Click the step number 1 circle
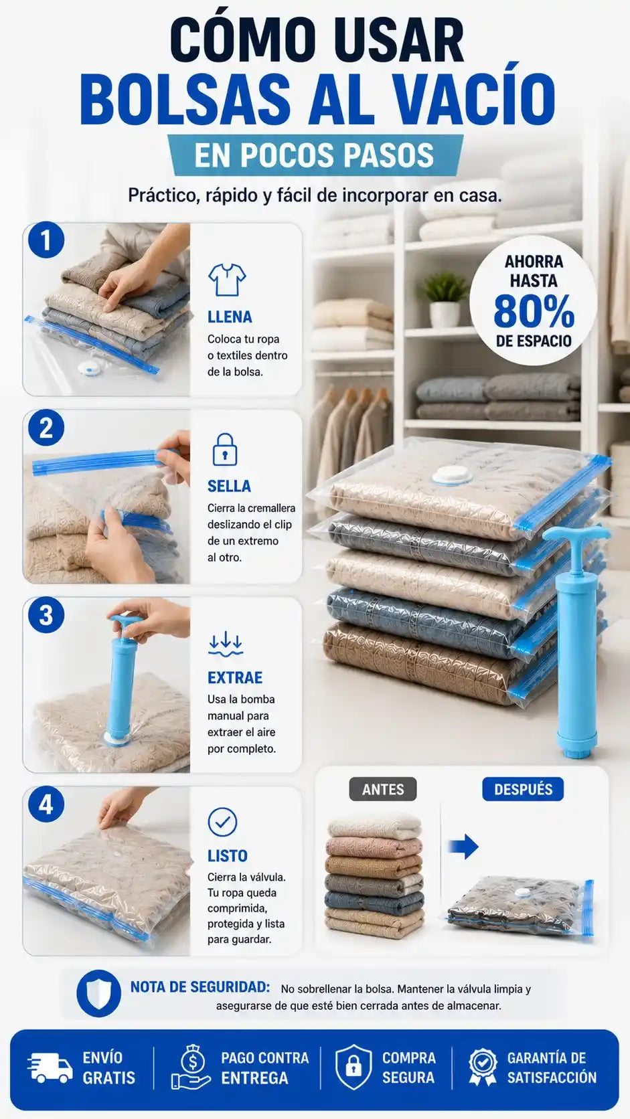click(x=46, y=240)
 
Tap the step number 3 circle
click(x=46, y=616)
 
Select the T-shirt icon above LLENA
click(x=227, y=280)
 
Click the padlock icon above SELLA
click(x=225, y=449)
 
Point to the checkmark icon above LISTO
click(x=222, y=822)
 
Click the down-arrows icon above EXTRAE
click(x=226, y=644)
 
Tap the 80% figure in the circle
click(x=534, y=311)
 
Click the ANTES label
click(x=383, y=789)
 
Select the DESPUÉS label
click(x=523, y=789)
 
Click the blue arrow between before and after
click(x=464, y=846)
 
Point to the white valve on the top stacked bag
click(x=452, y=475)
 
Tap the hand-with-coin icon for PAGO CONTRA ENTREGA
click(x=191, y=1067)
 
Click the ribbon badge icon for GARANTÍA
click(x=483, y=1067)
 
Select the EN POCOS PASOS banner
click(x=315, y=155)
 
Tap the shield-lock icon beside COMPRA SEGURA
click(x=353, y=1067)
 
